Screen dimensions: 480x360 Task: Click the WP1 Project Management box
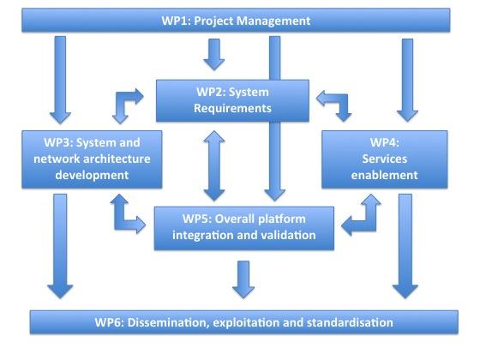[236, 21]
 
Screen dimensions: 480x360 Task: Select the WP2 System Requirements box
[232, 101]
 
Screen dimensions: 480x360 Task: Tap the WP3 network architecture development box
[92, 159]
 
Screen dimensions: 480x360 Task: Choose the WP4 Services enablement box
[385, 159]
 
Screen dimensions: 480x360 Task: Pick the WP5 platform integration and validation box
[244, 228]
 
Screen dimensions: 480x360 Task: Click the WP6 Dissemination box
[244, 322]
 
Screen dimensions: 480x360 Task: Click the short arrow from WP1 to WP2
[214, 55]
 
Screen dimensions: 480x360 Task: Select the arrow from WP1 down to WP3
[60, 80]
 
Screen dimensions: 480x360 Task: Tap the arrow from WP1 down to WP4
[407, 80]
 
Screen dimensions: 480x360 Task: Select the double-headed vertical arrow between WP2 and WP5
[214, 165]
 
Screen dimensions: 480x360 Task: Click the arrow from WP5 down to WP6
[243, 279]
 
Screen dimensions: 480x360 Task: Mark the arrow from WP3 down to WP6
[60, 246]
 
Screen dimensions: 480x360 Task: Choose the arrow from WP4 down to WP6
[405, 246]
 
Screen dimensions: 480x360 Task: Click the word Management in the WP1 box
[273, 21]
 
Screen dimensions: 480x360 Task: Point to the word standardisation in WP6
[350, 322]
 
